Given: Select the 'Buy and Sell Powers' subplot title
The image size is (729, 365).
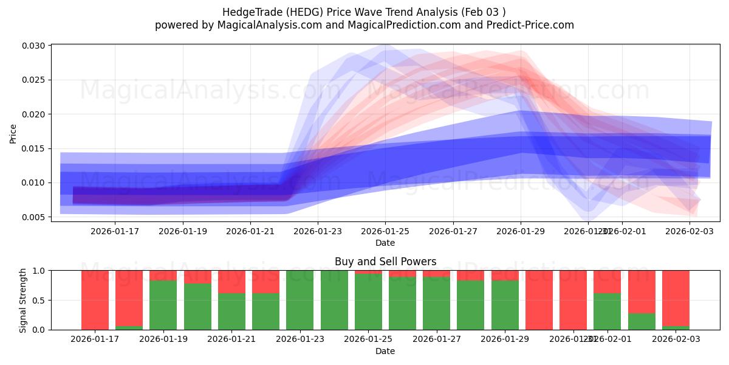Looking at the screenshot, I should click(x=385, y=262).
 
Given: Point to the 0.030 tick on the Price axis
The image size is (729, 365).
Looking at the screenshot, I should click(x=35, y=46).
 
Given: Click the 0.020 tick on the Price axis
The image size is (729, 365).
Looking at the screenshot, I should click(x=35, y=114).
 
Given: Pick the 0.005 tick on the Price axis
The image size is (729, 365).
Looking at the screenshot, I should click(x=35, y=217).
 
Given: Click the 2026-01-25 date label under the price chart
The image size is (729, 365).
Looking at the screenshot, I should click(x=385, y=231).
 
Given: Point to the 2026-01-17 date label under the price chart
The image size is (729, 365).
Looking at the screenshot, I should click(x=115, y=231).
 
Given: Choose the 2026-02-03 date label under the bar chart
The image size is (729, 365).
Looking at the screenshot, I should click(x=676, y=339).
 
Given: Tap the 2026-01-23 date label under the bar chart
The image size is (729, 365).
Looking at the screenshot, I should click(x=299, y=339).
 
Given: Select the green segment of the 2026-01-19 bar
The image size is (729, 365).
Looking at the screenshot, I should click(x=163, y=305).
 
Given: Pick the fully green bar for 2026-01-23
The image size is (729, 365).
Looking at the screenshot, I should click(x=299, y=300).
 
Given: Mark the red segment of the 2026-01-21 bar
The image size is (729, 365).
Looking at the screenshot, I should click(x=231, y=282).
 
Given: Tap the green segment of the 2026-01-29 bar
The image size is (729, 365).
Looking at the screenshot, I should click(x=504, y=305).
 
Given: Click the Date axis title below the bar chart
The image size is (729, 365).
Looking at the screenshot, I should click(x=385, y=351).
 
